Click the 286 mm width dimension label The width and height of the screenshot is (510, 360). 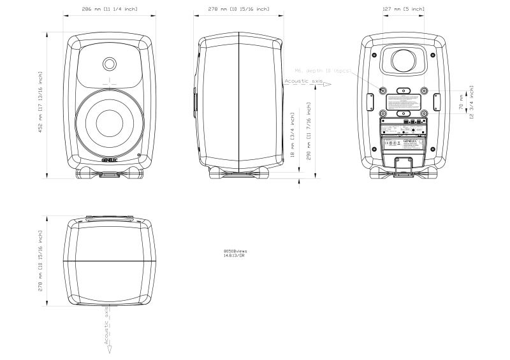click(x=110, y=9)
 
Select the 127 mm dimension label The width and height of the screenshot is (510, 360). click(x=404, y=9)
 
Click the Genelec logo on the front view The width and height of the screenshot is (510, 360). click(x=110, y=161)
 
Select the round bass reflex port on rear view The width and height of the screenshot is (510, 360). click(x=404, y=61)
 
